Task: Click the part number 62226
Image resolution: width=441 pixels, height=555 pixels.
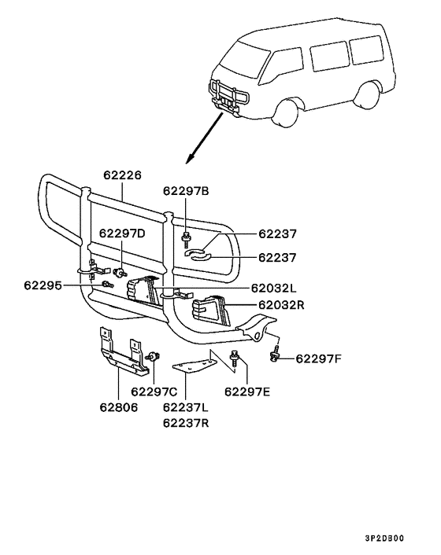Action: click(122, 176)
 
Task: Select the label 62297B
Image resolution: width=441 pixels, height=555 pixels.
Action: click(187, 190)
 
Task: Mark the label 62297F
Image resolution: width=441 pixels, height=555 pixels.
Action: click(319, 359)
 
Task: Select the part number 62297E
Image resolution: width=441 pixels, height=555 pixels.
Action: click(246, 391)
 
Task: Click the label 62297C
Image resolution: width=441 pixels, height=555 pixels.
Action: click(154, 391)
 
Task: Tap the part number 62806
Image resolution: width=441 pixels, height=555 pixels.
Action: click(118, 407)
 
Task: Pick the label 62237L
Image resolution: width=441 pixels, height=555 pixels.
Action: click(186, 407)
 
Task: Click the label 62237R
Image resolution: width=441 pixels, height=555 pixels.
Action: click(186, 423)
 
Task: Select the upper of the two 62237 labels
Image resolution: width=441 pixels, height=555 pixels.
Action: click(278, 233)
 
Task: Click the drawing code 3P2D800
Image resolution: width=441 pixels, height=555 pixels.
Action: click(386, 539)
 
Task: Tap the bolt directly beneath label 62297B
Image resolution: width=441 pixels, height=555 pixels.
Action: click(187, 235)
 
